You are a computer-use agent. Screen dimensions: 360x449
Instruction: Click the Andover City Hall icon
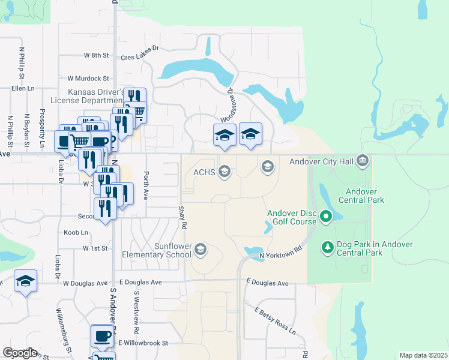click(x=362, y=160)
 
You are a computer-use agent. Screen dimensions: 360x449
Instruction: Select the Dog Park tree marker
click(x=327, y=246)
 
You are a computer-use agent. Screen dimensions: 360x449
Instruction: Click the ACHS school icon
click(x=224, y=173)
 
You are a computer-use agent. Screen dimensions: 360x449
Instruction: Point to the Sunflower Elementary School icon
click(x=200, y=249)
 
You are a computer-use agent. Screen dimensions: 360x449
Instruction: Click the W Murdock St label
click(x=88, y=78)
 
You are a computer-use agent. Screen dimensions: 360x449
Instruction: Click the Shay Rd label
click(x=182, y=217)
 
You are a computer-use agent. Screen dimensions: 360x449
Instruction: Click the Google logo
click(x=19, y=353)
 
